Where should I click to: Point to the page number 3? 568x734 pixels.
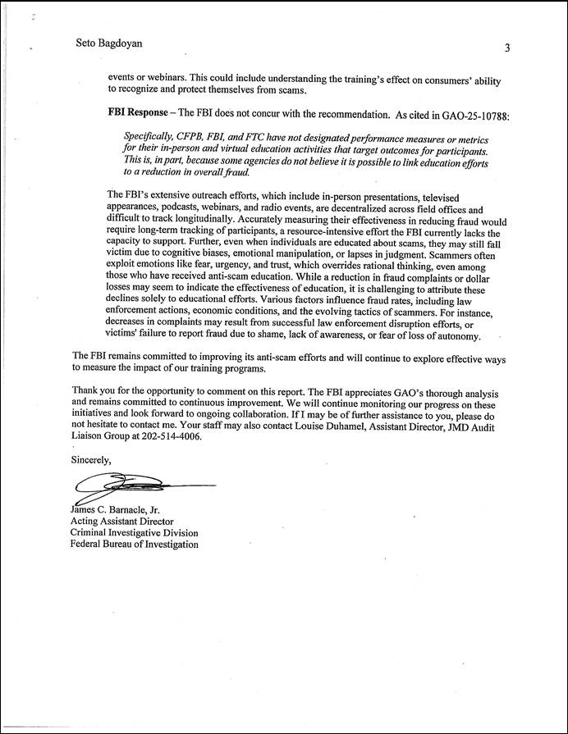coord(507,48)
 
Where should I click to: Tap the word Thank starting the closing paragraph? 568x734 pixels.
coord(85,390)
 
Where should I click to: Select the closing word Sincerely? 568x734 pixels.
coord(90,459)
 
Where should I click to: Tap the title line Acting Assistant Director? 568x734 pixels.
coord(122,521)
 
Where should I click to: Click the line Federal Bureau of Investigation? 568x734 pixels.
coord(134,544)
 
